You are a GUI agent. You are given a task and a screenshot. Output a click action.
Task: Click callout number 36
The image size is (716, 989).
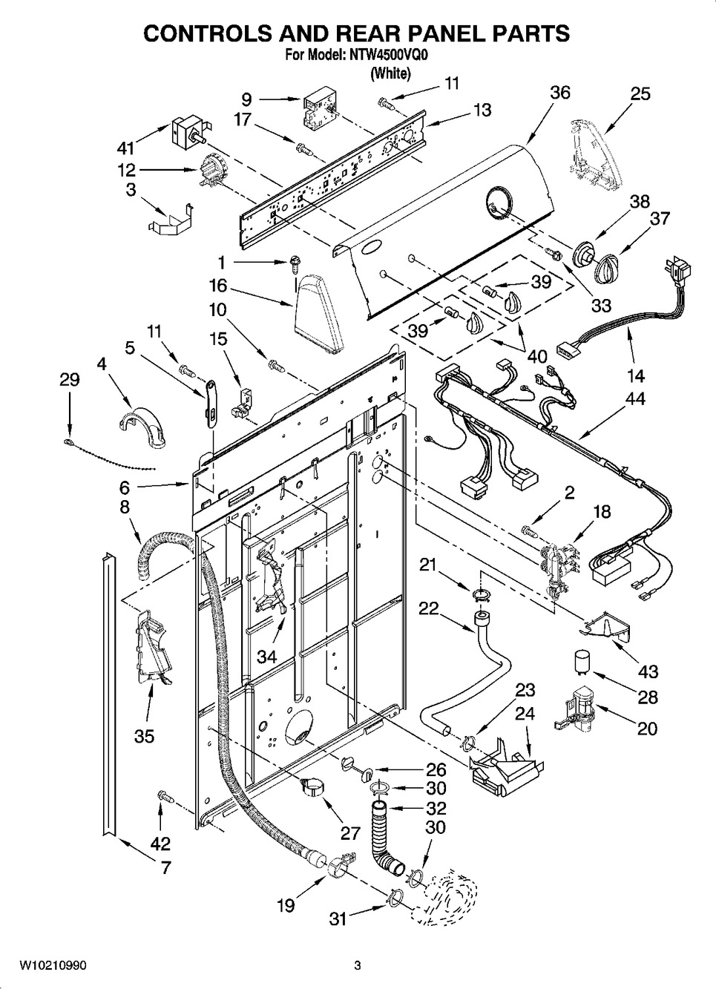coord(560,93)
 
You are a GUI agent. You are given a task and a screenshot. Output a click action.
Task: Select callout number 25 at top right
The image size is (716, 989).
coord(640,93)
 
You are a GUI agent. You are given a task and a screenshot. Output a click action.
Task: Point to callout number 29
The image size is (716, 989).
coord(70,380)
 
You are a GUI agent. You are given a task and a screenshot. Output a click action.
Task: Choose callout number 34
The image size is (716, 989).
coord(268,656)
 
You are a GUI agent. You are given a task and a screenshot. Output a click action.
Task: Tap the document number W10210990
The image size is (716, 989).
coord(53,965)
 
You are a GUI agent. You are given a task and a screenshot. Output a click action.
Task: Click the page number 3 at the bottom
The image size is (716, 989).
coord(358,965)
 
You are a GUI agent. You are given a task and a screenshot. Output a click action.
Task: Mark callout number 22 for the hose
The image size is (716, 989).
coord(428,608)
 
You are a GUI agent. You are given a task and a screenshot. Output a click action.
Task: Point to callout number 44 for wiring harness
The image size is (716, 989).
coord(635,399)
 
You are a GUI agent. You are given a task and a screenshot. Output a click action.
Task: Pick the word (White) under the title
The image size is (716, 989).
coord(390,73)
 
